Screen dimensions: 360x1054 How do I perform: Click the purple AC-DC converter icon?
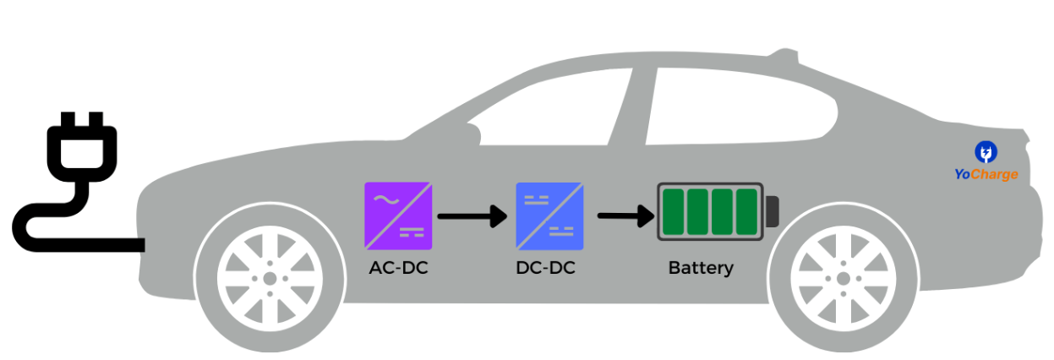coord(399,215)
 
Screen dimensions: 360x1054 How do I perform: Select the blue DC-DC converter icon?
coord(550,215)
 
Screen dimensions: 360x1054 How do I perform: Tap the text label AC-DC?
coord(399,269)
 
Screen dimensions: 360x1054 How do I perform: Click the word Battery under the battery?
coord(701,269)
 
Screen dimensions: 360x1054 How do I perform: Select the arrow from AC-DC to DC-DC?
coord(472,216)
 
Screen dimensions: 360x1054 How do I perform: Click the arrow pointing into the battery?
coord(625,216)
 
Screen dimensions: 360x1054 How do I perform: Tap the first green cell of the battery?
coord(674,212)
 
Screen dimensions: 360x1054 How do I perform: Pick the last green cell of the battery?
coord(747,212)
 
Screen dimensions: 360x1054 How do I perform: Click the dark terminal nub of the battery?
coord(772,212)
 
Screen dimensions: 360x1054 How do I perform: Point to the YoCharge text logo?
coord(986,175)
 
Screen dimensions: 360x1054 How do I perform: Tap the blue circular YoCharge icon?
coord(986,152)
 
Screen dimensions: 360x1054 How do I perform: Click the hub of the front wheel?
coord(269,278)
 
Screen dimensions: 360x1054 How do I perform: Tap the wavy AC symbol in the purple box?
coord(385,200)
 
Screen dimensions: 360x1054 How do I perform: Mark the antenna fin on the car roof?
coord(790,59)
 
